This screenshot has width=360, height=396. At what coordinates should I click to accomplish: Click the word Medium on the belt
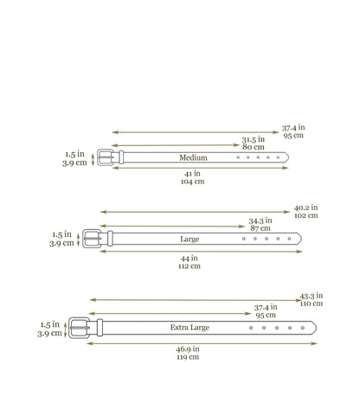(x=193, y=157)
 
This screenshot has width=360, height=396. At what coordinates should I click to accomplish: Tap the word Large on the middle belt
(x=190, y=239)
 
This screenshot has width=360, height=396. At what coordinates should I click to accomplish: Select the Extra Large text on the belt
(x=190, y=328)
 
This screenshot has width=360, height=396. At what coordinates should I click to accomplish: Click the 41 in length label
(x=192, y=174)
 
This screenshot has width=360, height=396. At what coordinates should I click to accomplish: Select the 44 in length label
(x=190, y=258)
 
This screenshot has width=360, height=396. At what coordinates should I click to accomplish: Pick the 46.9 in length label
(x=188, y=349)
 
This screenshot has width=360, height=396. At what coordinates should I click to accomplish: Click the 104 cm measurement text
(x=192, y=182)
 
